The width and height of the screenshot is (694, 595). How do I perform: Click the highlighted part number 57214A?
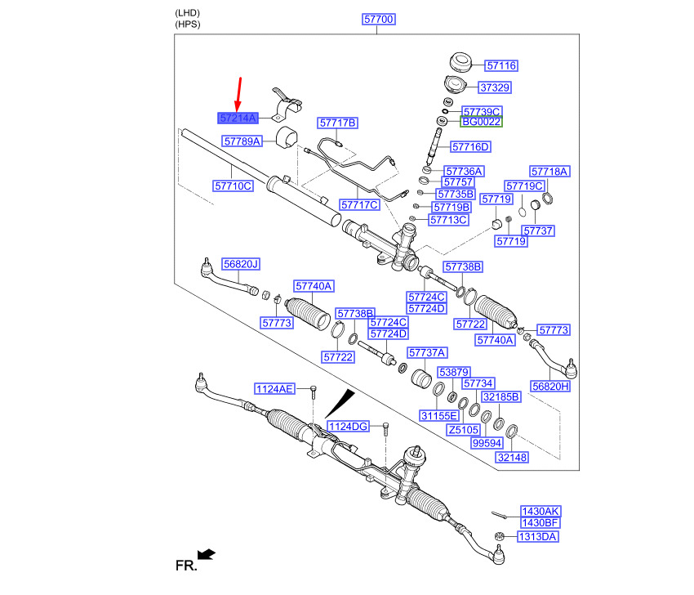[x=238, y=119]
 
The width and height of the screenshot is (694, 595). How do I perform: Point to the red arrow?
[x=239, y=94]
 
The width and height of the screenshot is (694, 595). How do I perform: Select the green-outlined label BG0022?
[x=481, y=122]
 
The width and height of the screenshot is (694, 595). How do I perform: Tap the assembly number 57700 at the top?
[x=378, y=19]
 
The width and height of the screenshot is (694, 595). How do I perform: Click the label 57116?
[x=501, y=65]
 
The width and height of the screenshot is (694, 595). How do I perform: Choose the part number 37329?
[x=495, y=87]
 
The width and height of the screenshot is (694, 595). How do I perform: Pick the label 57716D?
[x=470, y=146]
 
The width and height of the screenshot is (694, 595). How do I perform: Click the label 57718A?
[x=549, y=172]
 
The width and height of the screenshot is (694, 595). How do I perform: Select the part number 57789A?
[x=242, y=141]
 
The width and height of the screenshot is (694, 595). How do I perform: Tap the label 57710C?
[x=233, y=186]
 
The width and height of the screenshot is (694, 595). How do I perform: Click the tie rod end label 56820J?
[x=241, y=264]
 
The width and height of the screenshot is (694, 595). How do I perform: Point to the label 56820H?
[x=550, y=387]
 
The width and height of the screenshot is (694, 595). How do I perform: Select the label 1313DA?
[x=538, y=537]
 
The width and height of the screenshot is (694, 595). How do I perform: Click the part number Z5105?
[x=464, y=430]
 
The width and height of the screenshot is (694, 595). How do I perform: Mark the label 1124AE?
[x=274, y=389]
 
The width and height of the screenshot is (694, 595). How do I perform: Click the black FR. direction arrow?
[x=207, y=554]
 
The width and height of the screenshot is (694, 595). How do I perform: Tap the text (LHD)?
[x=188, y=13]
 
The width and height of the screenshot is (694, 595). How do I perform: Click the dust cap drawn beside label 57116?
[x=460, y=62]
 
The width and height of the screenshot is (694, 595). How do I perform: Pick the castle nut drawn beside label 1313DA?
[x=500, y=536]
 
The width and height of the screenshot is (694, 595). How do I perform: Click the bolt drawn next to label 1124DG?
[x=385, y=428]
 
